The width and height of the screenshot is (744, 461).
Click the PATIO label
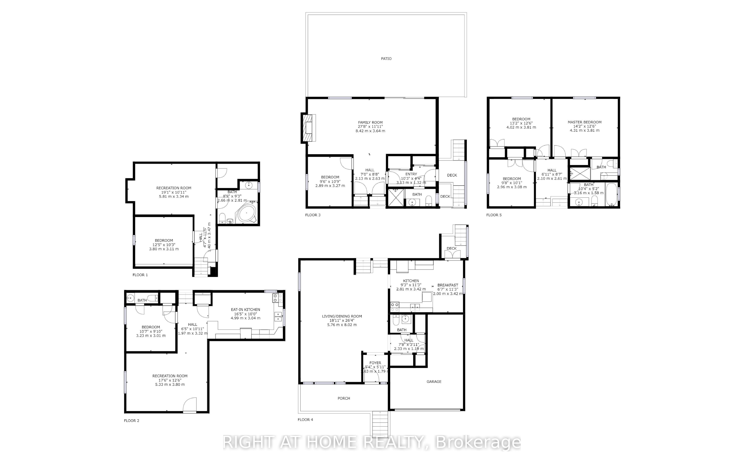386,59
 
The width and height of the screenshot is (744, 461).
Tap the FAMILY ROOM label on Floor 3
370,122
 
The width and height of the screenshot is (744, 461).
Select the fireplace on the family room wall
309,128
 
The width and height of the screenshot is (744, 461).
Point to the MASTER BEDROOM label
584,122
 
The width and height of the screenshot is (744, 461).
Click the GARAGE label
434,381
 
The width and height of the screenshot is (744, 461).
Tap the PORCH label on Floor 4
344,398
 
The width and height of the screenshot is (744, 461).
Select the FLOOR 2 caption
131,420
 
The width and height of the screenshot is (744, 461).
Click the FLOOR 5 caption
494,215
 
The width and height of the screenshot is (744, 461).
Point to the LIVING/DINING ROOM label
342,316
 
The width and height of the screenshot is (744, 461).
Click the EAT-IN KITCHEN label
245,310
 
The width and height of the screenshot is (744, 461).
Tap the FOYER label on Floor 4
375,363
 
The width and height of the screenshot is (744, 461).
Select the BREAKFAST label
447,285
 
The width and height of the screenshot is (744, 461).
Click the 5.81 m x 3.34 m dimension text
174,196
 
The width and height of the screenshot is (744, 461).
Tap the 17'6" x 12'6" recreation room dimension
170,380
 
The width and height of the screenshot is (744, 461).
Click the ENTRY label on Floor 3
411,174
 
